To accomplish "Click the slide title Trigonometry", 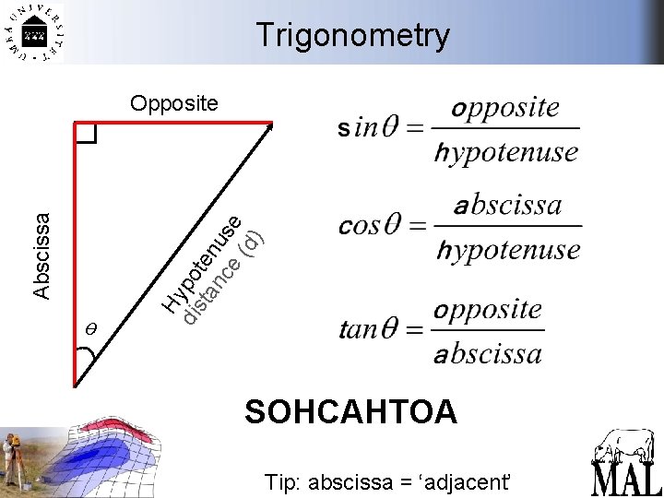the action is pos(353,35).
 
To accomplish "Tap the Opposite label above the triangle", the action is pos(174,102).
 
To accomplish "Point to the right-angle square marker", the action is pos(86,135).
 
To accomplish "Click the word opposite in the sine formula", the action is pos(506,108).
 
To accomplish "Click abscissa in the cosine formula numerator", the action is pos(507,205).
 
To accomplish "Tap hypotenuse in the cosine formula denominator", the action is pos(508,249).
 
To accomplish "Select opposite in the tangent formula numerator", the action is pos(488,310).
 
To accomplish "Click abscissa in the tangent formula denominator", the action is pos(488,353).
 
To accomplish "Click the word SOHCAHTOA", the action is pos(350,411).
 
